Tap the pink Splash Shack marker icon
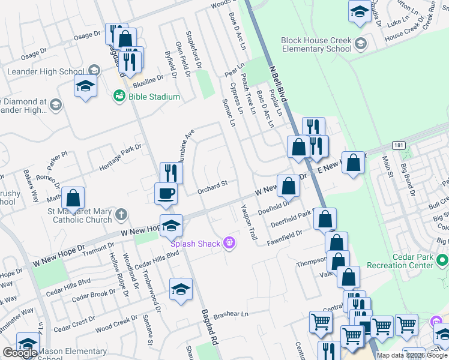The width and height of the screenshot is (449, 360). (x=228, y=243)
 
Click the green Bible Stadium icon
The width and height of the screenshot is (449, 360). (x=119, y=95)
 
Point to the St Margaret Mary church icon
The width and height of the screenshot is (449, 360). (x=121, y=214)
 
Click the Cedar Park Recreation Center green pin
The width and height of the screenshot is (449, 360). (x=442, y=261)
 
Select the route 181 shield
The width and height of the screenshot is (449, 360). (x=399, y=146)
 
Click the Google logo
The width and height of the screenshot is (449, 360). (x=20, y=353)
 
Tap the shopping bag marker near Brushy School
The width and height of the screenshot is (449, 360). (x=73, y=197)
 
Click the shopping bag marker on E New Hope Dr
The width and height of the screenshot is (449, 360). (x=354, y=162)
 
